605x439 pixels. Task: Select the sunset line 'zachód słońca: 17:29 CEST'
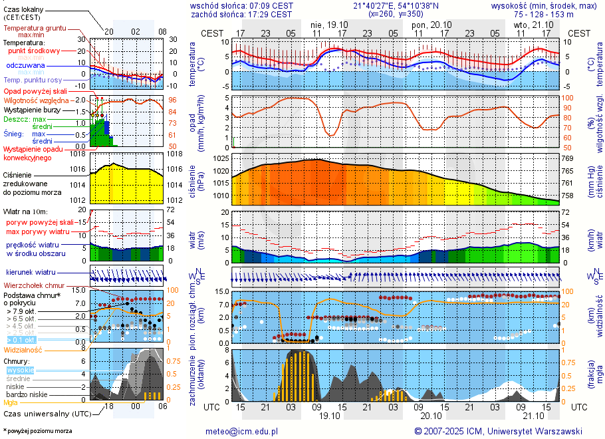(x=241, y=13)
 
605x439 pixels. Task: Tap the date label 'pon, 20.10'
(x=431, y=24)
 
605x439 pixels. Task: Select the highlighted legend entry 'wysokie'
(x=20, y=370)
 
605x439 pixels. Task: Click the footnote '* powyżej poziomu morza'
(x=37, y=431)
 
